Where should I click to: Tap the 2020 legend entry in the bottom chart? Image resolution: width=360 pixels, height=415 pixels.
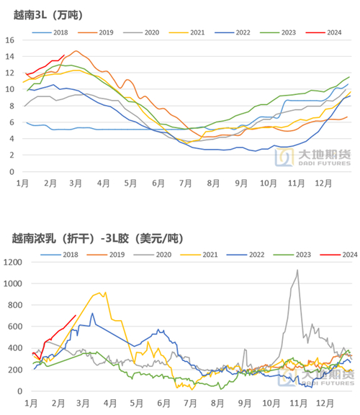coord(145,255)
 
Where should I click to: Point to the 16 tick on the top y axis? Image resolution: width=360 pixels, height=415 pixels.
coord(10,40)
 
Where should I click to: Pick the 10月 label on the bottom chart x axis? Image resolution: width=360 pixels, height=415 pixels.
coord(271,403)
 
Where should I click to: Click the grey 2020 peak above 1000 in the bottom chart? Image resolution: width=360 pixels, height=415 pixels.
coord(297,270)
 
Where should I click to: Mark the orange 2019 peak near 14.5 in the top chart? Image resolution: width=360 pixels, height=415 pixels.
coord(77,51)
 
